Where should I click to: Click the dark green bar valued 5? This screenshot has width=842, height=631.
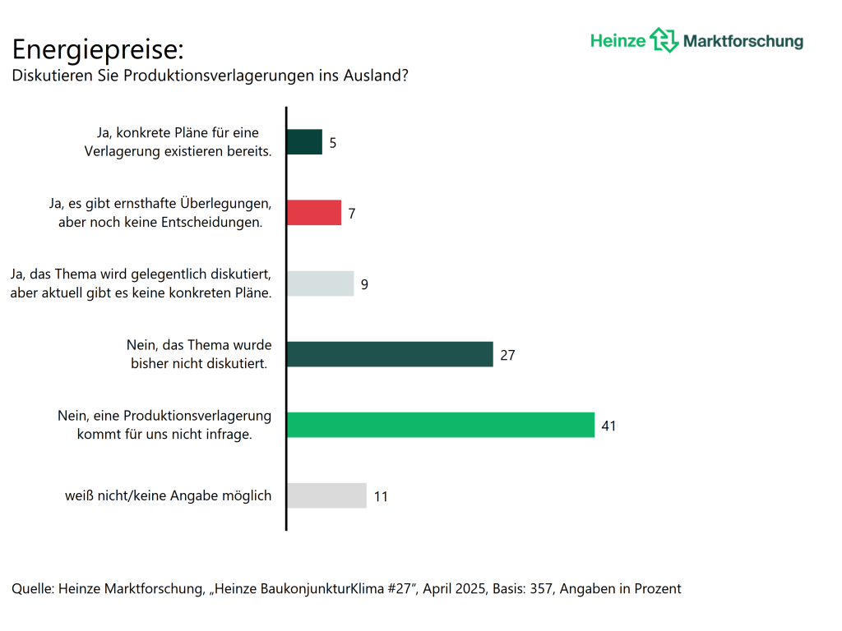[x=304, y=142]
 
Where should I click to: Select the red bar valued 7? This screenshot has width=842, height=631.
[x=314, y=213]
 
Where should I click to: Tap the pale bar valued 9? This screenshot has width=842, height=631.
[x=321, y=283]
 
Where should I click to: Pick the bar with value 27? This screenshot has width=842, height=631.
[x=390, y=354]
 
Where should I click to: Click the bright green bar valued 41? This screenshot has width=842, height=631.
[x=441, y=425]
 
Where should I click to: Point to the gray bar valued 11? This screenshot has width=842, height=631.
[x=326, y=495]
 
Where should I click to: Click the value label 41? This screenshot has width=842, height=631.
[x=608, y=426]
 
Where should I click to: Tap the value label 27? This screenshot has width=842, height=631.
[x=507, y=355]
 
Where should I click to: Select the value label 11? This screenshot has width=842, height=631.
[x=381, y=496]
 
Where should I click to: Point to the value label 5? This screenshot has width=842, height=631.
[x=333, y=143]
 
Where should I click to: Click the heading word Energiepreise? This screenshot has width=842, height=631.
[x=97, y=50]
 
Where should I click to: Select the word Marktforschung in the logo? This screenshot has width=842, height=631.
[x=743, y=41]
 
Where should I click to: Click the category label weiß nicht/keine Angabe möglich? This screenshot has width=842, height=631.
[x=169, y=495]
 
